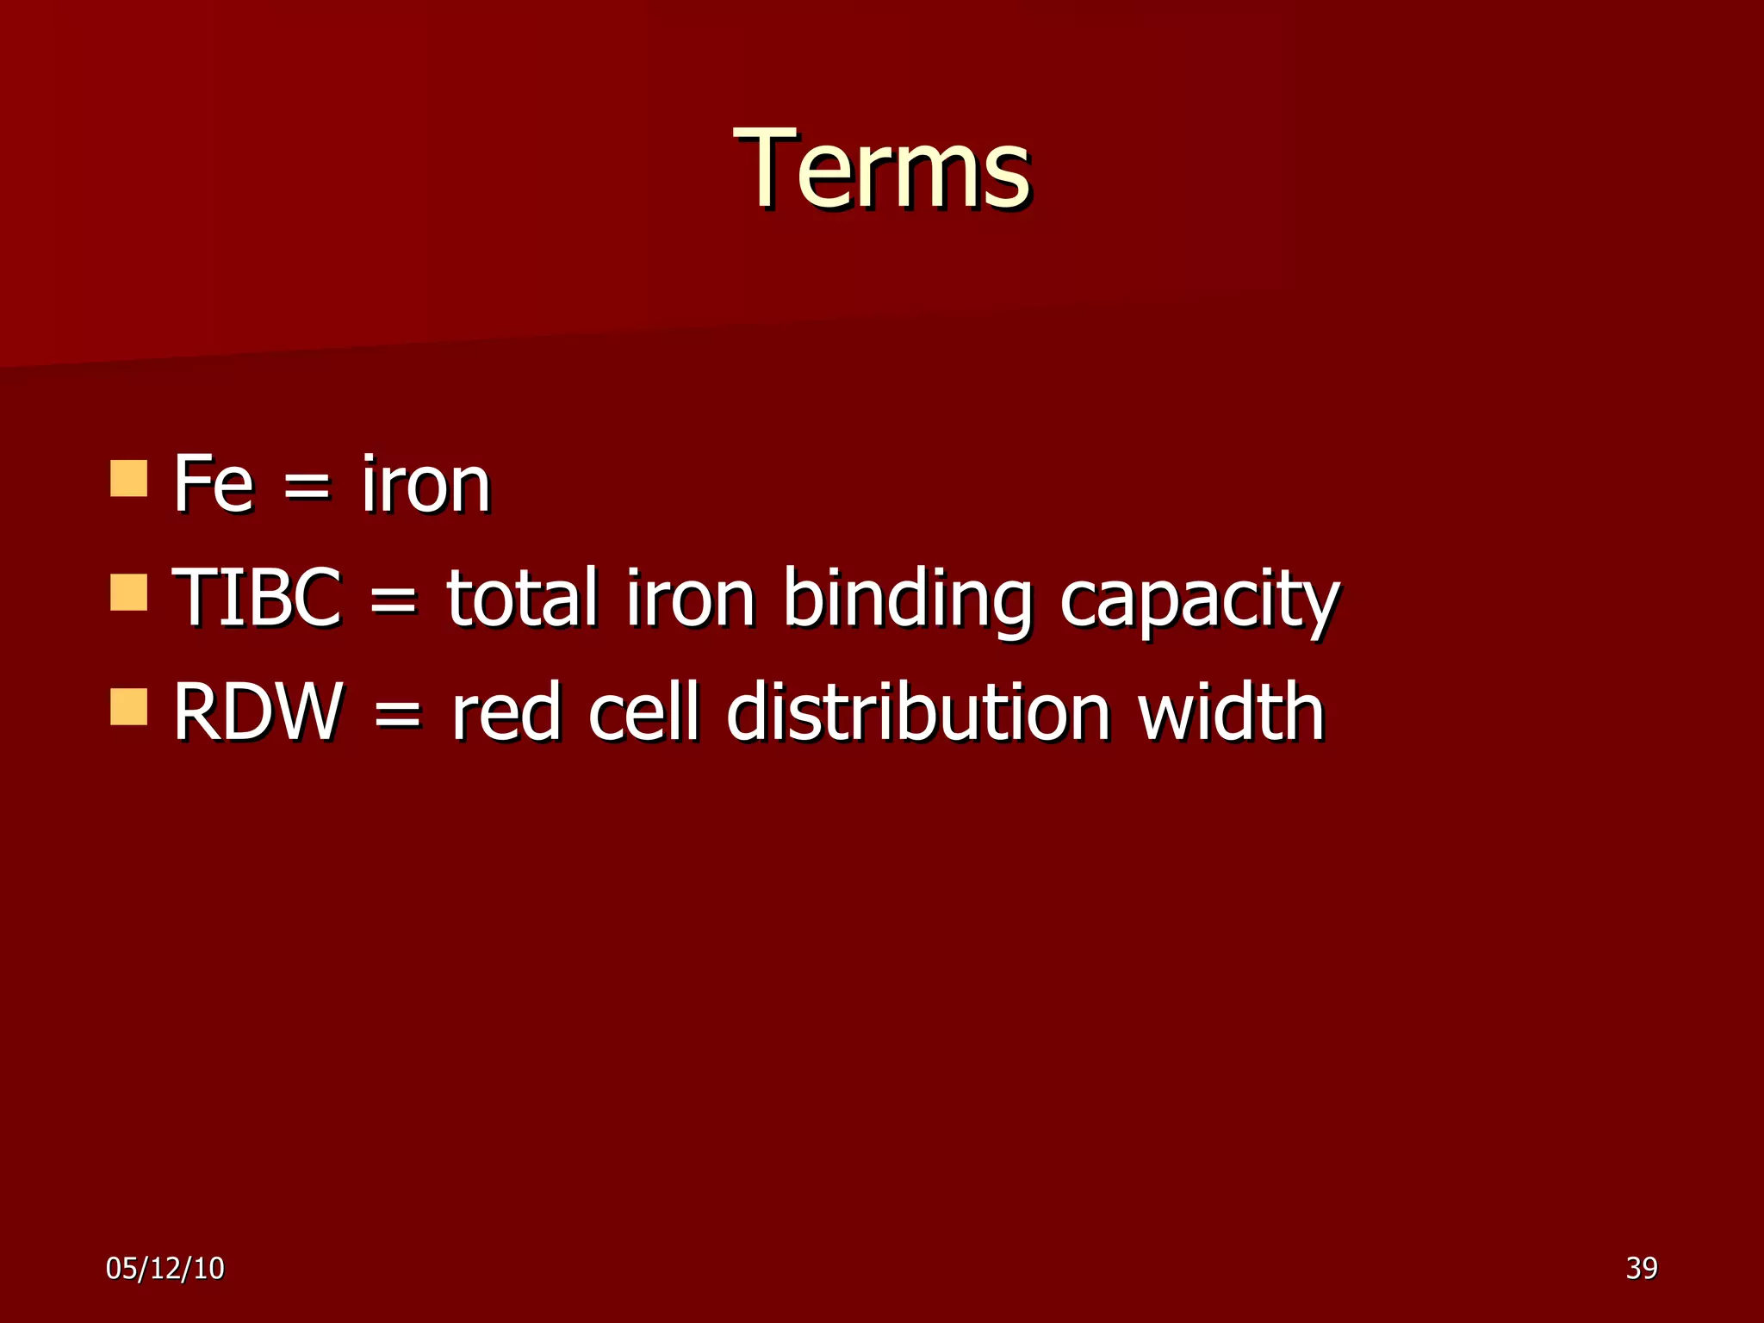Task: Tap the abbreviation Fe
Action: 213,484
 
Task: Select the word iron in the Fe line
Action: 425,484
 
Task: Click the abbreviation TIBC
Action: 257,597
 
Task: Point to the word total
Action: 522,597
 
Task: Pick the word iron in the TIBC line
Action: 690,597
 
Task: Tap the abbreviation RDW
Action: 258,711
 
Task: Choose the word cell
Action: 643,711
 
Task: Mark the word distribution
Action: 918,711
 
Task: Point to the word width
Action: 1231,711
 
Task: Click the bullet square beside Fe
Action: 128,478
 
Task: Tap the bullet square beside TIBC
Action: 128,593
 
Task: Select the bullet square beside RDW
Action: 128,706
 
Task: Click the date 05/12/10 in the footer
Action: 165,1268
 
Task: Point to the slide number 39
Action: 1641,1268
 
